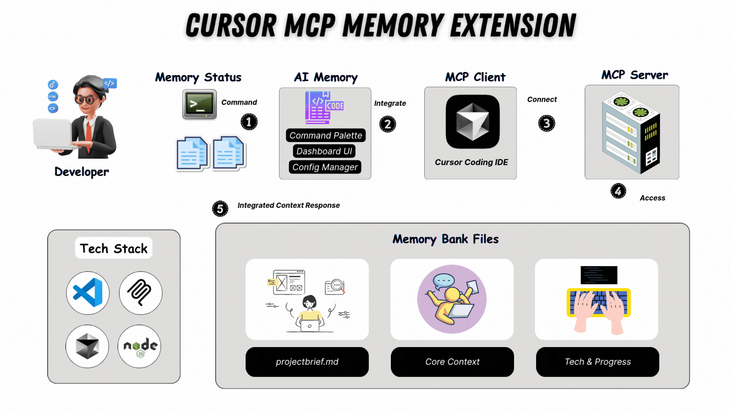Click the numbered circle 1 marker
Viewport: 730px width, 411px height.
[249, 122]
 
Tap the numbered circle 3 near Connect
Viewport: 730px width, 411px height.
[546, 123]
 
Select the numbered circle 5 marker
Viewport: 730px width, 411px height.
[220, 209]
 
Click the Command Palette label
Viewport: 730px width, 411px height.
[325, 135]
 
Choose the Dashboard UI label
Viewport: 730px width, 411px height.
[324, 151]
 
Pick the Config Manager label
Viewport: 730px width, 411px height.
[325, 167]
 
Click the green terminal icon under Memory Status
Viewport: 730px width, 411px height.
[200, 104]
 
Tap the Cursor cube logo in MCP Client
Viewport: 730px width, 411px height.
[473, 122]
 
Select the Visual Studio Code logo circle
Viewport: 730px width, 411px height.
[88, 293]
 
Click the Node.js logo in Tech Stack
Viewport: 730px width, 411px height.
[140, 346]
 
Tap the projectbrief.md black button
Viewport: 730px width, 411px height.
[307, 362]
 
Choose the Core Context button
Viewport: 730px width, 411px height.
[452, 362]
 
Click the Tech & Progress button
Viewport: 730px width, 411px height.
[597, 362]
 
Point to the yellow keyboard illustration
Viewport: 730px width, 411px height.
[598, 302]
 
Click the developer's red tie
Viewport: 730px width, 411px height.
[88, 133]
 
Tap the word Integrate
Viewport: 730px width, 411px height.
[390, 103]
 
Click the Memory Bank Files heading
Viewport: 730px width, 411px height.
[445, 239]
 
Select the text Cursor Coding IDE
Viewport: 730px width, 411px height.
[471, 162]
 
